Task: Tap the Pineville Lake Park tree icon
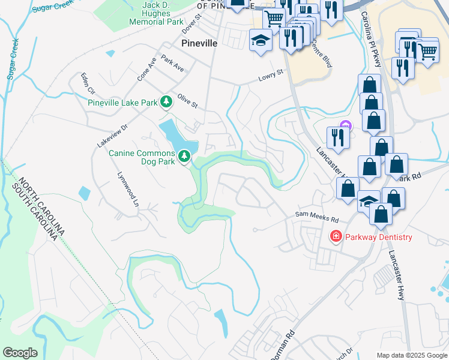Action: click(166, 103)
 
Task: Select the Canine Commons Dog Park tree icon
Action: click(184, 157)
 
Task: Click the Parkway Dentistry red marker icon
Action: click(336, 237)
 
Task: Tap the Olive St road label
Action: click(187, 100)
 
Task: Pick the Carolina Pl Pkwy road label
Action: click(371, 42)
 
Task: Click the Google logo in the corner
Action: click(20, 353)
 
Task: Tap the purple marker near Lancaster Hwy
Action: click(345, 125)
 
